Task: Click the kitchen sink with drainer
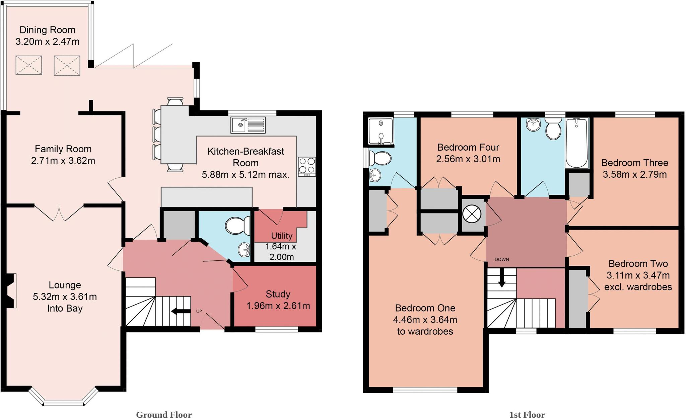(x=248, y=125)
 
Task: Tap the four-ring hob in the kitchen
(x=306, y=167)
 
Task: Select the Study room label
(x=278, y=294)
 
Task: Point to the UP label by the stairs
(x=199, y=311)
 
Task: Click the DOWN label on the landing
(x=501, y=259)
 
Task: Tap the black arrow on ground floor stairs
(x=181, y=312)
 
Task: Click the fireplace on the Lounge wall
(x=11, y=290)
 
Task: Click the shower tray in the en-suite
(x=381, y=131)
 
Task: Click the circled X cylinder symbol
(x=472, y=214)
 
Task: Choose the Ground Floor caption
(x=164, y=415)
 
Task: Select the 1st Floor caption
(x=527, y=415)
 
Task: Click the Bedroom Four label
(x=468, y=147)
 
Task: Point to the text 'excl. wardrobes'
(x=638, y=287)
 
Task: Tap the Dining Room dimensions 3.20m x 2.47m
(x=47, y=41)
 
